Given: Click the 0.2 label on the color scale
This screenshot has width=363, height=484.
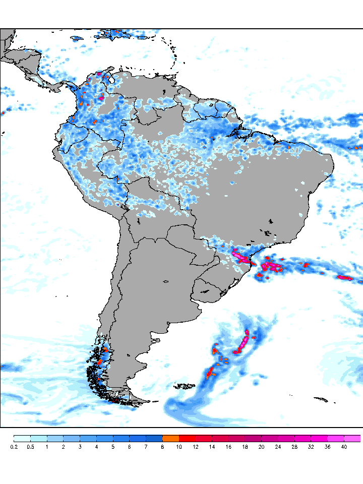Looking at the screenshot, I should pyautogui.click(x=14, y=447).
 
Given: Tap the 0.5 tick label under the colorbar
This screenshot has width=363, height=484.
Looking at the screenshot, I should pyautogui.click(x=30, y=447).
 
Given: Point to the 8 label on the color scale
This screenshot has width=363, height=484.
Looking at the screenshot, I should pyautogui.click(x=162, y=447).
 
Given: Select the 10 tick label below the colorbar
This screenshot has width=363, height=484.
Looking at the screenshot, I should pyautogui.click(x=179, y=447).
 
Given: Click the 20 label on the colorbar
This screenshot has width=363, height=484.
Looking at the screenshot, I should pyautogui.click(x=262, y=447).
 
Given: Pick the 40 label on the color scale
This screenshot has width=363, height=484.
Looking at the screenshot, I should pyautogui.click(x=344, y=447).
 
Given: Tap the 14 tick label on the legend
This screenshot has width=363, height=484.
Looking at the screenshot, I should pyautogui.click(x=212, y=447).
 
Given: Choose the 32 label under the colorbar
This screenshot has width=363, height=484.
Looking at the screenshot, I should pyautogui.click(x=311, y=447).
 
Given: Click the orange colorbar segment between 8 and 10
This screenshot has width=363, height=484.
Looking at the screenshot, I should pyautogui.click(x=171, y=438).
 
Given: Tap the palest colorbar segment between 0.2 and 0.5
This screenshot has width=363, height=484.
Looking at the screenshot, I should pyautogui.click(x=22, y=438).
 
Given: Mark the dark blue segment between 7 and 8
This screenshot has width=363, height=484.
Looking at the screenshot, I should pyautogui.click(x=154, y=438).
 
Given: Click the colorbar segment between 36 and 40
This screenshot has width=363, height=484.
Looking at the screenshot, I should pyautogui.click(x=336, y=438).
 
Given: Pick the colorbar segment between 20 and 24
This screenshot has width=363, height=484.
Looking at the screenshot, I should pyautogui.click(x=270, y=438).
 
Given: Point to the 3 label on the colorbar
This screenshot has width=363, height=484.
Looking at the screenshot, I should pyautogui.click(x=80, y=447).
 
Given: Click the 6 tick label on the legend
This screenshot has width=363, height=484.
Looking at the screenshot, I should pyautogui.click(x=130, y=447).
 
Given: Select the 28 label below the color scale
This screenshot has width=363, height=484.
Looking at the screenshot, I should pyautogui.click(x=294, y=447).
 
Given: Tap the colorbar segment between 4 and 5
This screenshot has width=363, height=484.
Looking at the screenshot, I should pyautogui.click(x=105, y=438).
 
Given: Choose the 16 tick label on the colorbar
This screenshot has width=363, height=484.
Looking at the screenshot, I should pyautogui.click(x=228, y=447).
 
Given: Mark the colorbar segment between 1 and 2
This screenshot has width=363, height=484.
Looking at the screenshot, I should pyautogui.click(x=55, y=438).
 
